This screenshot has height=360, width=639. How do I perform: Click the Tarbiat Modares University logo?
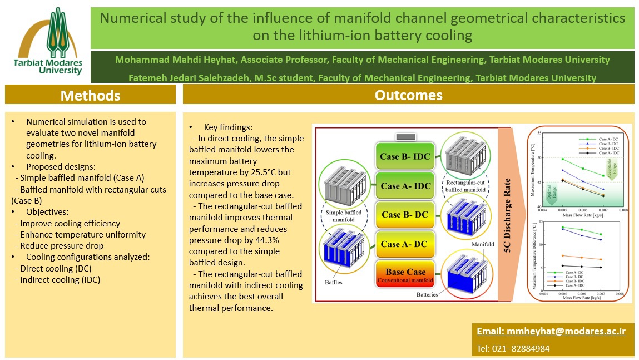point(48,42)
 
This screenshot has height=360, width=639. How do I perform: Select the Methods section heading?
point(90,95)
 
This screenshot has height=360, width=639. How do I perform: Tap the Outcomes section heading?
point(408,95)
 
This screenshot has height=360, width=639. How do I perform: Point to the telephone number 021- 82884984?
point(513,349)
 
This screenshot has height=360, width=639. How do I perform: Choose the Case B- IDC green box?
point(405,156)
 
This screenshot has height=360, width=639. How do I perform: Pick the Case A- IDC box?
point(405,186)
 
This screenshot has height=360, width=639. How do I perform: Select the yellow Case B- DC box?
point(404,215)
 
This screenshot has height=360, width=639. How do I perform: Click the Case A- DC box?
point(404,244)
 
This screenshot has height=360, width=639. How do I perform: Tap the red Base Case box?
point(405,275)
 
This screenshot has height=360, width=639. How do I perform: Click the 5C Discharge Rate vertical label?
point(508,214)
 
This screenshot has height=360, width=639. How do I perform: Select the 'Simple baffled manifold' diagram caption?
point(339,216)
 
